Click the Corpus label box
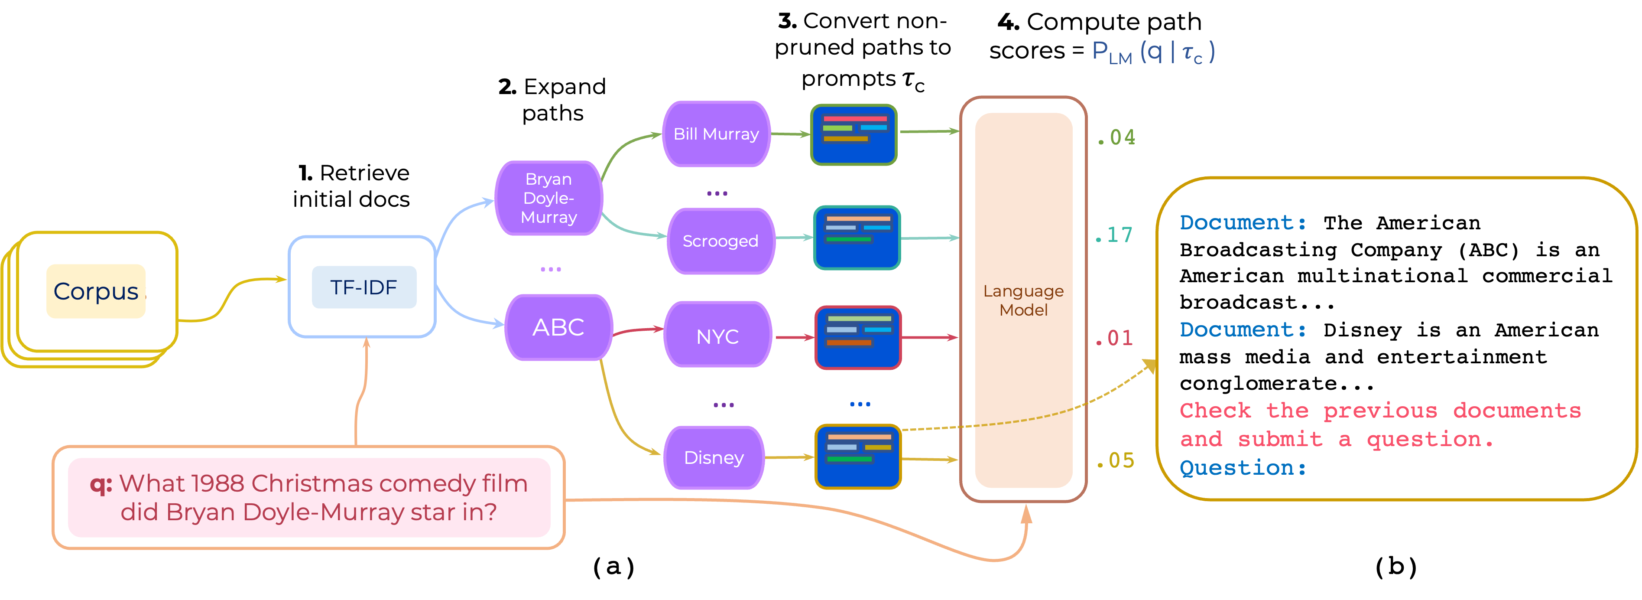click(x=96, y=291)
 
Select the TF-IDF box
click(x=363, y=287)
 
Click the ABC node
click(x=558, y=327)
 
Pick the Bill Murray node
click(x=717, y=134)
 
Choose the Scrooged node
click(x=720, y=241)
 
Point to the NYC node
click(x=718, y=336)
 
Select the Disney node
click(x=714, y=457)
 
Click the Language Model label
click(x=1023, y=300)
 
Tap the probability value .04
click(x=1116, y=137)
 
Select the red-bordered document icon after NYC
click(x=858, y=337)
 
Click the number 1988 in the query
click(x=217, y=484)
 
